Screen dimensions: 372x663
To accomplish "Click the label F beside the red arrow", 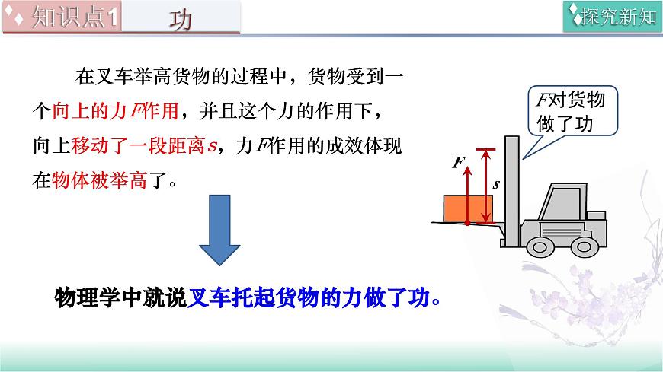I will (457, 163).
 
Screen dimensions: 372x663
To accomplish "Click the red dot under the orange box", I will (467, 223).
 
